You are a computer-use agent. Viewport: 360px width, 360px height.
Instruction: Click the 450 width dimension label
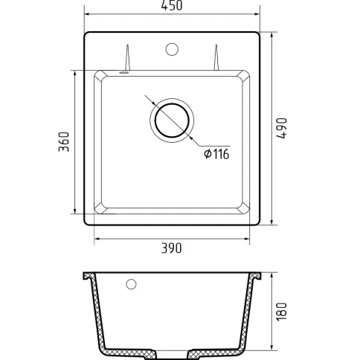pos(172,5)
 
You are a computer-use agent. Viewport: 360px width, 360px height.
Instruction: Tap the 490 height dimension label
pos(282,128)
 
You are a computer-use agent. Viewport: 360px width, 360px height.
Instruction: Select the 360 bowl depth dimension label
pos(64,142)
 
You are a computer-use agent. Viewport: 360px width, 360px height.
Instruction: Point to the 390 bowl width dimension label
pos(172,248)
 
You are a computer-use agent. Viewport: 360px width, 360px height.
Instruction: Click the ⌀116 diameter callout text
pos(216,154)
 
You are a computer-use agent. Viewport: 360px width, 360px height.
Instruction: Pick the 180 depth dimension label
pos(282,312)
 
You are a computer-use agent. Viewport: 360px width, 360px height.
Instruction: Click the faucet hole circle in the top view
pos(172,49)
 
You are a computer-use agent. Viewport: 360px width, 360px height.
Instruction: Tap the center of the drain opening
pos(172,120)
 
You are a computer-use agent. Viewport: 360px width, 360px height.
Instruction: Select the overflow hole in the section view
pos(131,284)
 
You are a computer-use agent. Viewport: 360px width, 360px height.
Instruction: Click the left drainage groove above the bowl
pos(127,57)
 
